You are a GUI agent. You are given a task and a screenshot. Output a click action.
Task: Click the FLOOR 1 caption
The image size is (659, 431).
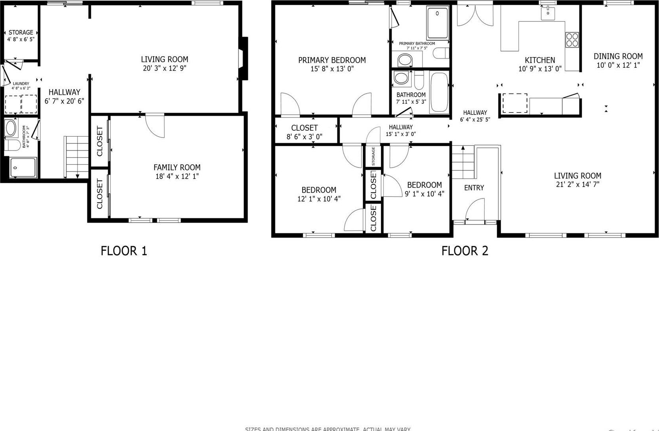(x=124, y=251)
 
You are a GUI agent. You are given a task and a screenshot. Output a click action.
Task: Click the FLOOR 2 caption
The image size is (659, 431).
(x=465, y=251)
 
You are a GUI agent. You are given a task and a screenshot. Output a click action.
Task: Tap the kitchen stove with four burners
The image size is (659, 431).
(x=572, y=40)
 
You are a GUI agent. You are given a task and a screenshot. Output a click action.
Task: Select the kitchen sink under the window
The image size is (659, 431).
(x=548, y=13)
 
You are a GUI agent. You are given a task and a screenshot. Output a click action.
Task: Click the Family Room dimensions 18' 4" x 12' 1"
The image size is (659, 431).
(x=177, y=176)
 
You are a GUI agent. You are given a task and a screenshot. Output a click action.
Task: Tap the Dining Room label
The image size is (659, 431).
(x=618, y=56)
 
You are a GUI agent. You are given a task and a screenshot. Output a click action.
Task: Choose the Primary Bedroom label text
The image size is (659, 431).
(x=332, y=60)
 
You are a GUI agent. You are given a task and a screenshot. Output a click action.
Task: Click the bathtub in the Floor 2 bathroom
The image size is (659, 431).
(x=439, y=92)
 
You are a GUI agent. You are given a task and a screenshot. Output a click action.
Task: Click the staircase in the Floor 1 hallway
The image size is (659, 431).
(x=77, y=156)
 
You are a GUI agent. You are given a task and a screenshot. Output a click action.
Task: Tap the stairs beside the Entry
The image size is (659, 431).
(x=463, y=162)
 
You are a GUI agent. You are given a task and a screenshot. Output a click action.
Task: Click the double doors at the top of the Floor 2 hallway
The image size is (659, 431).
(x=475, y=15)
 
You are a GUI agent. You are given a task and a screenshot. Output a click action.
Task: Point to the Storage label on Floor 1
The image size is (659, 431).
(x=21, y=32)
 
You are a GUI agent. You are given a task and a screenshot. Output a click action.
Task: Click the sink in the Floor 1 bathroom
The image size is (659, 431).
(x=11, y=128)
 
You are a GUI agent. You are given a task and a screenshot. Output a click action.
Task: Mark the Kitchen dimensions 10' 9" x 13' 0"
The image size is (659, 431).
(x=540, y=69)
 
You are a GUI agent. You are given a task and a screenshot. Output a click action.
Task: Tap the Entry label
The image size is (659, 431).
(x=474, y=188)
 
